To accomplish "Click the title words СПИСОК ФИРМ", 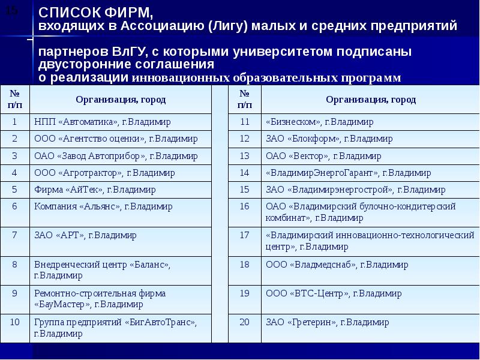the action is [95, 13].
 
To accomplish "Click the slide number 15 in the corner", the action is [11, 11].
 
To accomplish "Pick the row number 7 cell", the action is [14, 242].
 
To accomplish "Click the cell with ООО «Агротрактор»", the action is [121, 173].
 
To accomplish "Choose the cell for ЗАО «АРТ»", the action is [121, 242].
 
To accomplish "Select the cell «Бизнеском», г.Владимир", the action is [370, 122].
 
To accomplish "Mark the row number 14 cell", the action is [245, 173].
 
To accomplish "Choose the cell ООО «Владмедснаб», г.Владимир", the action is [370, 271].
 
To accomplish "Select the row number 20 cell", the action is [245, 328].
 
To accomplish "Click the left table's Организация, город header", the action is [121, 100].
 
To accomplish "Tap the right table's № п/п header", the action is [245, 100].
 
